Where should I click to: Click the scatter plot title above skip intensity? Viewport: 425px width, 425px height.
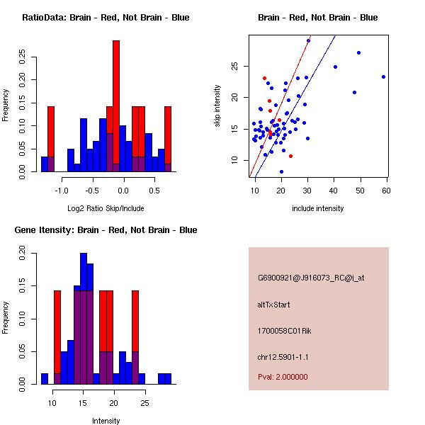click(317, 18)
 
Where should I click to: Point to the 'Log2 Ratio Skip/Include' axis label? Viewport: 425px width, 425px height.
click(106, 208)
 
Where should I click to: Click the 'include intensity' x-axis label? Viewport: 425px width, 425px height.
click(318, 208)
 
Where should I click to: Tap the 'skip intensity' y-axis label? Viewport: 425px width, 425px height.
click(218, 106)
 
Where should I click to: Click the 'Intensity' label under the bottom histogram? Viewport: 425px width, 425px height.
click(106, 421)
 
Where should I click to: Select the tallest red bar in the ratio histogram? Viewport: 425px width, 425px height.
click(116, 106)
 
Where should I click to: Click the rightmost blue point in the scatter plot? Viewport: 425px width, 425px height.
click(383, 76)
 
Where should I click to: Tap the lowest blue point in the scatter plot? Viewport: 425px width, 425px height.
click(281, 171)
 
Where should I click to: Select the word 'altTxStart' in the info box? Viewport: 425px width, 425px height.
click(273, 305)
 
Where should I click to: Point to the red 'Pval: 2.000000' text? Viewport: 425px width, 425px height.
click(283, 377)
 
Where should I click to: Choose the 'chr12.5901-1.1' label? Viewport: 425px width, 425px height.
click(283, 356)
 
